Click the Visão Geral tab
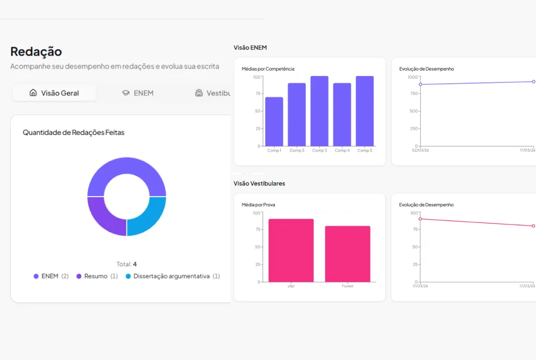(x=54, y=93)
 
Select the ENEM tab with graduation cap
(x=138, y=93)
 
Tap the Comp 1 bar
(x=274, y=122)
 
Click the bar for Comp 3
(x=319, y=111)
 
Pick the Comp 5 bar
(x=364, y=111)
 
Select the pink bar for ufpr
(x=291, y=250)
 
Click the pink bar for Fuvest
(x=348, y=254)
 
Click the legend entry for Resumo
(x=97, y=276)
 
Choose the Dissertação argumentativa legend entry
(x=173, y=276)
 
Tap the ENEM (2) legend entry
(x=51, y=276)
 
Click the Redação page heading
(x=36, y=51)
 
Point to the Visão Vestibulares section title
(x=259, y=183)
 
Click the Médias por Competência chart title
(x=268, y=69)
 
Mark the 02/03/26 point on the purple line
(x=420, y=84)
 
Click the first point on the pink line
(x=420, y=219)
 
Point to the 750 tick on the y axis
(x=414, y=93)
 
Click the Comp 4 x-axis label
(x=342, y=151)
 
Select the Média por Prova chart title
(x=258, y=205)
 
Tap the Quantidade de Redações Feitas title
(x=73, y=132)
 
